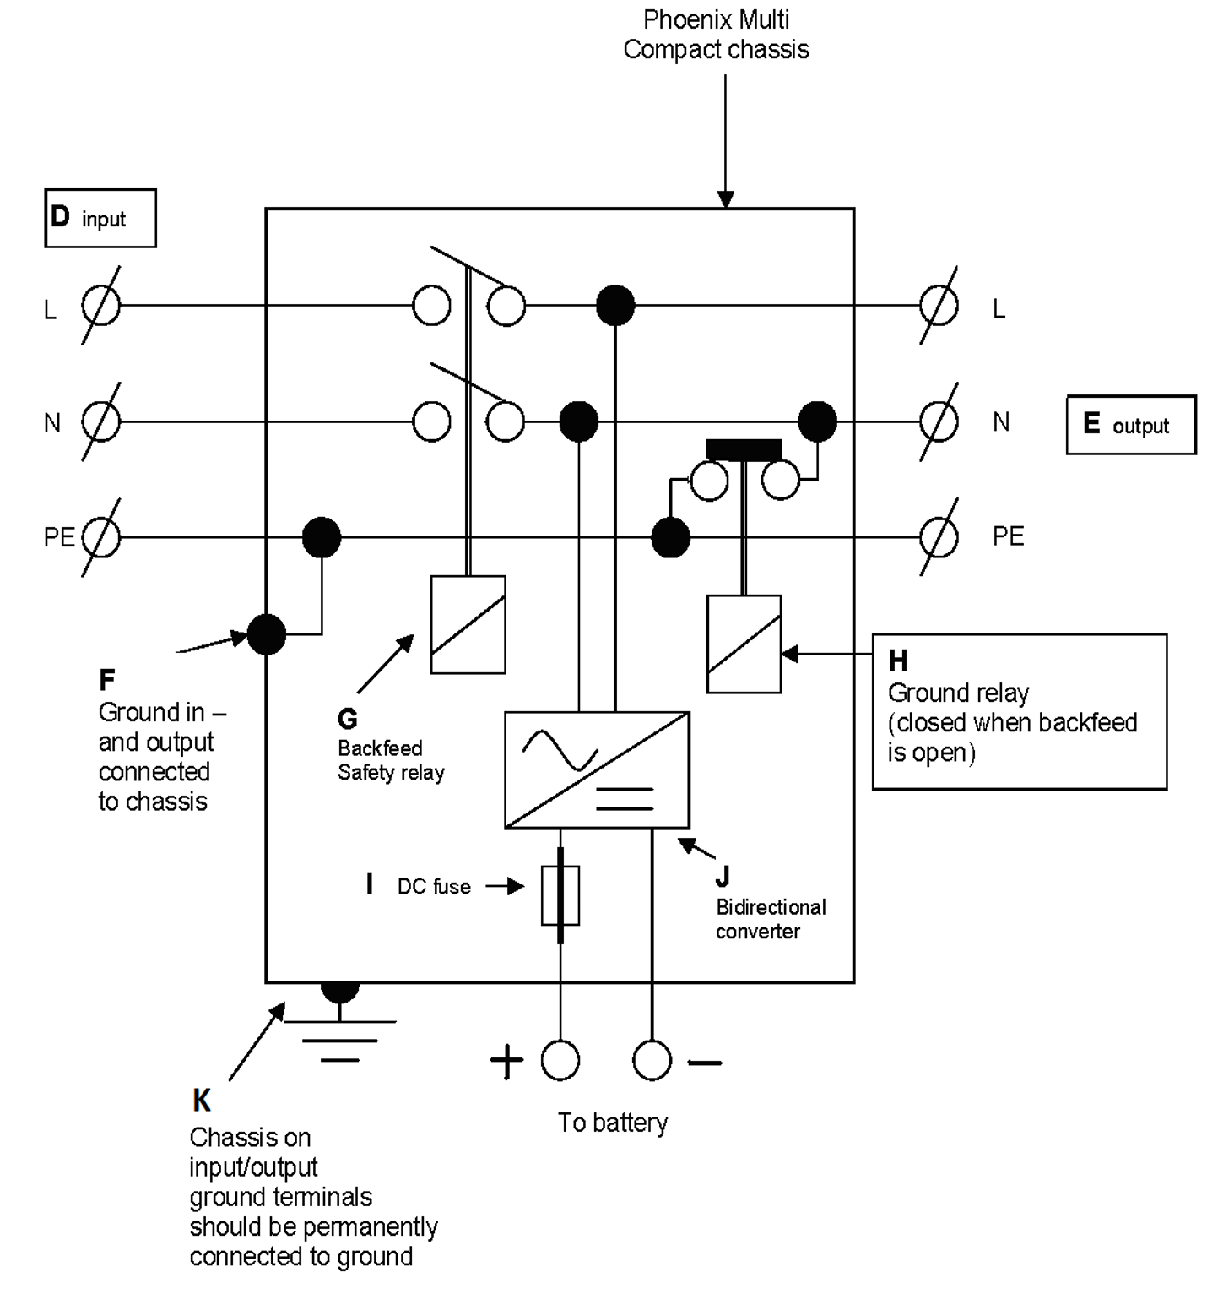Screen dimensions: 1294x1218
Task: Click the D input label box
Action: point(100,218)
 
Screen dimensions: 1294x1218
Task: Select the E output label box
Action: point(1130,425)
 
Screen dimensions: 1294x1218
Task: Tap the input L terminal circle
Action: point(101,306)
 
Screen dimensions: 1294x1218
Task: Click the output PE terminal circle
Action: point(939,537)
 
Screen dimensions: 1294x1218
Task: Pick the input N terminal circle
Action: point(101,421)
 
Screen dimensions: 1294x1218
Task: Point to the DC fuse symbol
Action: point(560,894)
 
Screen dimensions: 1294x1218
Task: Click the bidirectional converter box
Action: point(597,770)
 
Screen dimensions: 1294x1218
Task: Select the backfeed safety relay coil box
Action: point(468,624)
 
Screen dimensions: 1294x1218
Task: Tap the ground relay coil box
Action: point(743,644)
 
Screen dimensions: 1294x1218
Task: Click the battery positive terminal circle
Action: point(560,1061)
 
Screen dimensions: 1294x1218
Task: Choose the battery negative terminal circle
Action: point(652,1061)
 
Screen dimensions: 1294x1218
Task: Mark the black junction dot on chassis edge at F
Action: point(267,634)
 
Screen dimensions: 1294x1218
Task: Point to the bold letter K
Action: point(202,1100)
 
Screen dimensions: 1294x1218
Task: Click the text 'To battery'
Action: point(613,1123)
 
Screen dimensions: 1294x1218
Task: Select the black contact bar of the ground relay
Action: point(744,449)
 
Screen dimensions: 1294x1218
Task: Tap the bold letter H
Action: point(898,661)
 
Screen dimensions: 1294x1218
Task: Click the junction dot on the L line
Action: point(615,306)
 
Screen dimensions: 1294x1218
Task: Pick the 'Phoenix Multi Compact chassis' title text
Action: point(716,35)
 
